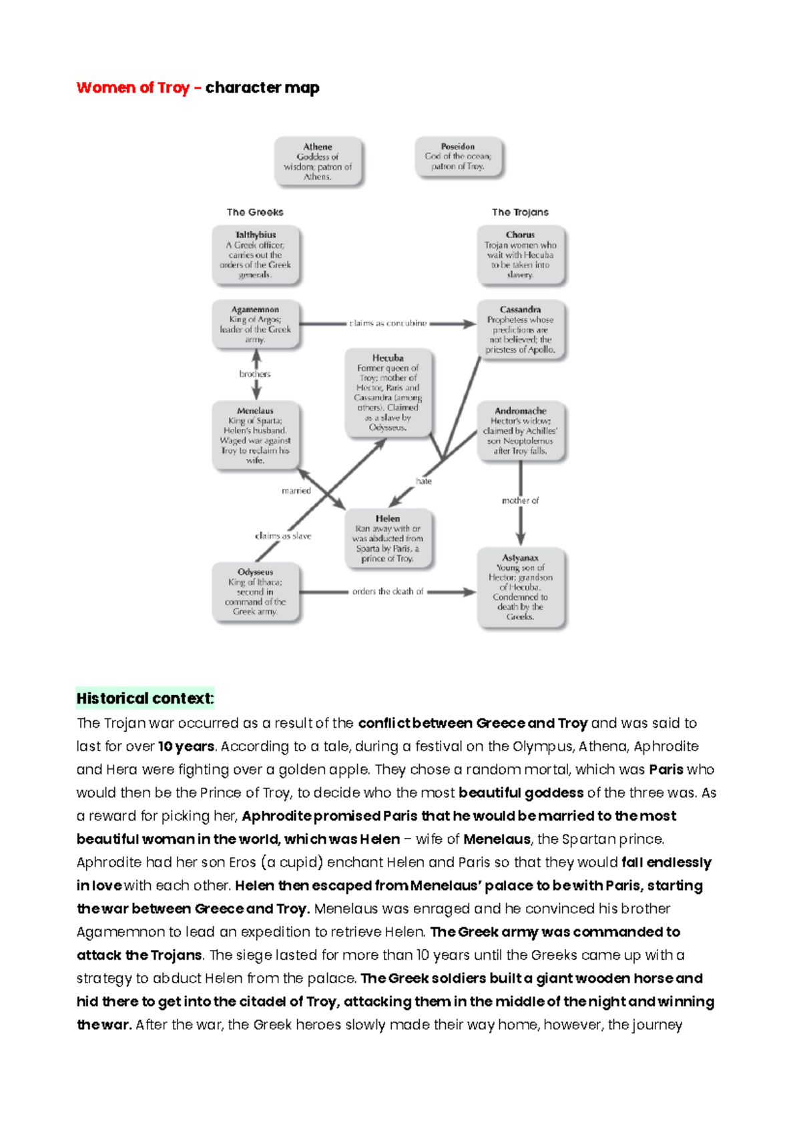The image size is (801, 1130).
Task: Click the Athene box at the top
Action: [x=318, y=161]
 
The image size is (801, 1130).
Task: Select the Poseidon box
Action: [x=458, y=157]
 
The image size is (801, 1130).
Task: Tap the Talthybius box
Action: [x=256, y=255]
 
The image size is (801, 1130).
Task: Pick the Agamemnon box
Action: [x=256, y=324]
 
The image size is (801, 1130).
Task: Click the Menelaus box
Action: [x=256, y=436]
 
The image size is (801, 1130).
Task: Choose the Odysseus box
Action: [x=256, y=592]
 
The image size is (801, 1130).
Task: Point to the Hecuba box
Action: [x=388, y=393]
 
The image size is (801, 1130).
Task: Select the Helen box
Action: [x=388, y=538]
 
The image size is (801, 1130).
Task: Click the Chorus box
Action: [x=521, y=255]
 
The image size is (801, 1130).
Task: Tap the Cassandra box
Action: [x=521, y=330]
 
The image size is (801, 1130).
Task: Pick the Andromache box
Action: [x=521, y=431]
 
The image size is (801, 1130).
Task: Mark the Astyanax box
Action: [x=521, y=587]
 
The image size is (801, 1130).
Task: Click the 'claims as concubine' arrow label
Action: [x=388, y=324]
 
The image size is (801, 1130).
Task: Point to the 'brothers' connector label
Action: [x=255, y=374]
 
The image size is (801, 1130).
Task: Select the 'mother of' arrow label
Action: [x=520, y=500]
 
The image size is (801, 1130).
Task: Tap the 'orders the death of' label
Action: [x=388, y=592]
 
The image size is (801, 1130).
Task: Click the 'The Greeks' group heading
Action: [x=255, y=212]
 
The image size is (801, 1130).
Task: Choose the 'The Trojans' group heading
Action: [x=520, y=212]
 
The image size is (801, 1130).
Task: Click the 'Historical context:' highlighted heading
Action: [x=145, y=698]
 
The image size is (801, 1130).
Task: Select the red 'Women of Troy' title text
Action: [x=133, y=88]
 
